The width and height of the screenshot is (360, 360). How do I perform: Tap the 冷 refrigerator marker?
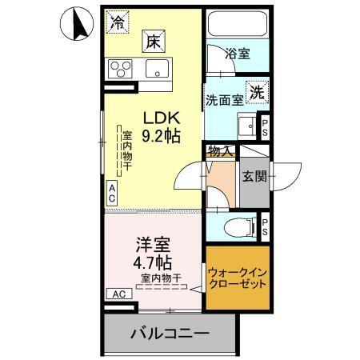(118, 21)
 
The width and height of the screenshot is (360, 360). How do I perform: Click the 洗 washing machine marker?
(256, 91)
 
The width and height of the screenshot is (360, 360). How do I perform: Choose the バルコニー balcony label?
(170, 332)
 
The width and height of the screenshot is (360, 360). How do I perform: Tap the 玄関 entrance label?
(254, 177)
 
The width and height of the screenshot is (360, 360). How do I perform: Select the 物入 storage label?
(219, 150)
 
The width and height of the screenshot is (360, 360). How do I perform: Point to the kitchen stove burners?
(122, 66)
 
